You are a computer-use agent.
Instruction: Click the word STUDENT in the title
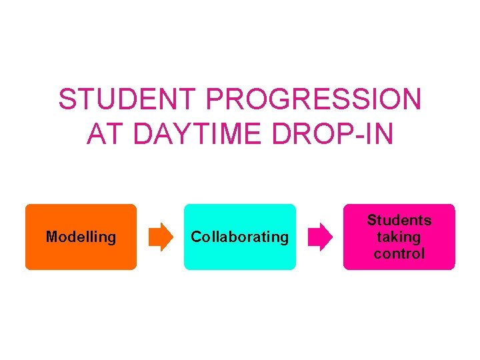pos(128,100)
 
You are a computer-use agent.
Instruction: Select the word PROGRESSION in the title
pos(314,100)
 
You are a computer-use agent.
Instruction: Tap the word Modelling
pos(81,237)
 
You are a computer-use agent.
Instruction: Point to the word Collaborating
pos(240,237)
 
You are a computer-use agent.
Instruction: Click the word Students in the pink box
pos(399,220)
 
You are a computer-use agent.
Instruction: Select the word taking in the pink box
pos(399,237)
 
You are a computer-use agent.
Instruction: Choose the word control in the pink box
pos(399,254)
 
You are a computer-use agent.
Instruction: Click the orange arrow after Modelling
pos(160,237)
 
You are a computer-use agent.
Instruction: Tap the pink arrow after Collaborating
pos(319,237)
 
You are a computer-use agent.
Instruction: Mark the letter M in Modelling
pos(51,237)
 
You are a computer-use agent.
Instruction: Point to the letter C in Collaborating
pos(196,237)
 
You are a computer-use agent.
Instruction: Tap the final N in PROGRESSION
pos(411,100)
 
